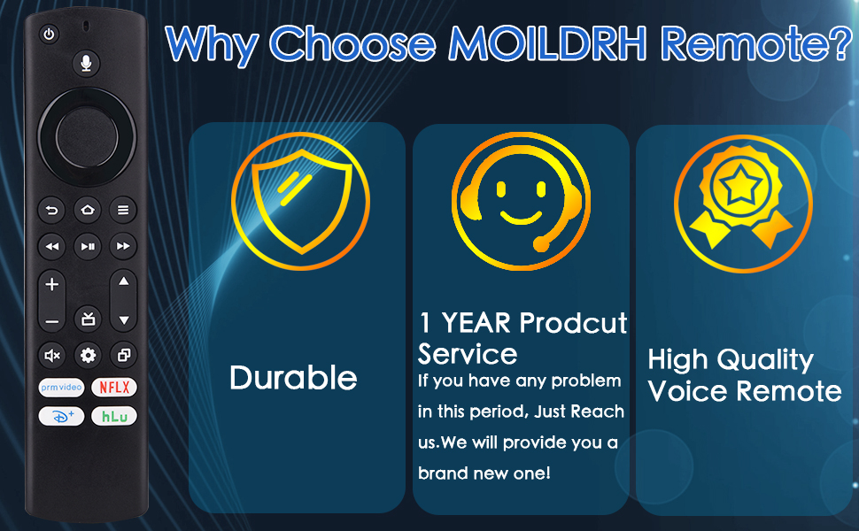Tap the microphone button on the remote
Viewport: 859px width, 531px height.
[86, 63]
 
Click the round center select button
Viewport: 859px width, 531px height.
[87, 136]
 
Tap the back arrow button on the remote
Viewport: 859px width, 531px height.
[51, 211]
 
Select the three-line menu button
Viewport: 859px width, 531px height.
[123, 210]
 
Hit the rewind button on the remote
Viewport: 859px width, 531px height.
[51, 246]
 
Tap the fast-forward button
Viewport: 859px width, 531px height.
[123, 246]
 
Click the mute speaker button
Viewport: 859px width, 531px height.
[51, 356]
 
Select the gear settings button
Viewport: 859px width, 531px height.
[88, 356]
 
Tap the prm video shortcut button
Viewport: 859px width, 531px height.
[61, 388]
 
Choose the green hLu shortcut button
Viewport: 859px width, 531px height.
[114, 417]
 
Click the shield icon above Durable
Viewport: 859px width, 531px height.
[301, 201]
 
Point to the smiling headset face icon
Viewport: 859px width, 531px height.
[521, 201]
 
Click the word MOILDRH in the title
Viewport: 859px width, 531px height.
[548, 43]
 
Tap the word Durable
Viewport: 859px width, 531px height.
[294, 378]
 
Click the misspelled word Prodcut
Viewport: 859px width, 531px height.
[573, 322]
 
